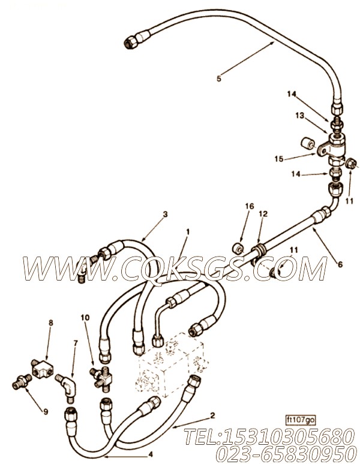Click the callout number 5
coord(219,79)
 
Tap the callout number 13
coord(299,116)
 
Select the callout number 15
coord(279,159)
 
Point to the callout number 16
coord(250,206)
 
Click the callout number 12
coord(263,213)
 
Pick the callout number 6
coord(340,264)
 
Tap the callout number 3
coord(165,214)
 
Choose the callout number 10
coord(85,318)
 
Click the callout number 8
coord(50,323)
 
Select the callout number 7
coord(76,343)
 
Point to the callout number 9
coord(45,412)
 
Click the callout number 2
coord(212,415)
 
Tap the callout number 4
coord(151,454)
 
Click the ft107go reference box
coord(301,420)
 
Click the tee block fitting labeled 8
coord(42,368)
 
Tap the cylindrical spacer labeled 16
coord(238,248)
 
